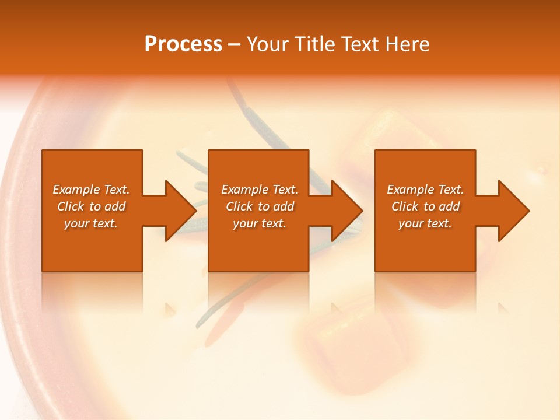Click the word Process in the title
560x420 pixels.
pos(183,44)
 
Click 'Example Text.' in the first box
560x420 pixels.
pos(91,190)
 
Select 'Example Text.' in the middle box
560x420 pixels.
pos(260,190)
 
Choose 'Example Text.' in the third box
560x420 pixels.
pos(425,190)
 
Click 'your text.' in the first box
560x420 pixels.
pos(91,223)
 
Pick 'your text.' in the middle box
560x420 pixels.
pos(260,223)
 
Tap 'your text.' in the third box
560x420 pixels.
pos(425,223)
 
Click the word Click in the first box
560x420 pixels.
pos(71,206)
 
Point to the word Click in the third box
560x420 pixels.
pos(405,206)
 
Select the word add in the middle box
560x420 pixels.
pos(283,206)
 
